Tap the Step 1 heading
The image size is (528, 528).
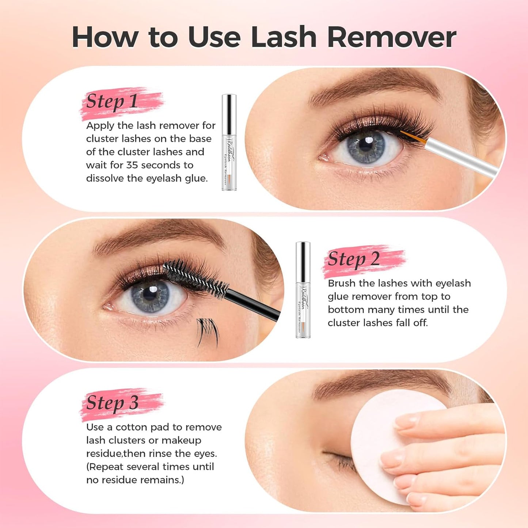[x=112, y=102]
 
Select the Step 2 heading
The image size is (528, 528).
[x=354, y=259]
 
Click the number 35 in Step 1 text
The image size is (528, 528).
[x=132, y=165]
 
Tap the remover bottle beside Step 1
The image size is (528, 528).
[x=229, y=143]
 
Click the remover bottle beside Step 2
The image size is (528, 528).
[x=303, y=289]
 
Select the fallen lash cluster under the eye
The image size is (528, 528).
[x=208, y=331]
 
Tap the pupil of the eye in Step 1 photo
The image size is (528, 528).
[x=366, y=145]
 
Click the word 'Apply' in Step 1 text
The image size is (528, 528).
[x=100, y=126]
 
